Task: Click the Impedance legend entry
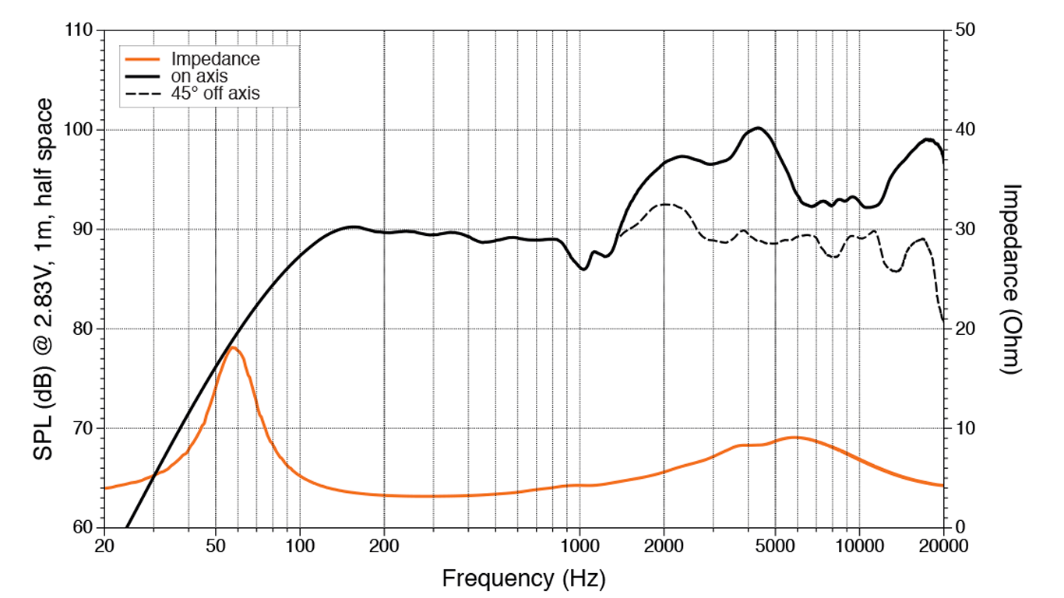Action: click(x=215, y=59)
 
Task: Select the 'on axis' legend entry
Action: click(x=199, y=76)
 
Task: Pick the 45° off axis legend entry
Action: click(x=215, y=93)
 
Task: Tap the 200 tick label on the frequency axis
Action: click(x=384, y=545)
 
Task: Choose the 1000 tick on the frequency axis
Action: click(x=580, y=545)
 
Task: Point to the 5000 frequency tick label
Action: click(x=775, y=545)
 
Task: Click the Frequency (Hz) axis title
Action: click(x=523, y=578)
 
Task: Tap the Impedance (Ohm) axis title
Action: click(x=1011, y=279)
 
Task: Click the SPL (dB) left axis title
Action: click(x=44, y=279)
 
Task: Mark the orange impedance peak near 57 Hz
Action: click(x=232, y=347)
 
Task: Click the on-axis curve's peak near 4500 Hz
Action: click(x=758, y=128)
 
